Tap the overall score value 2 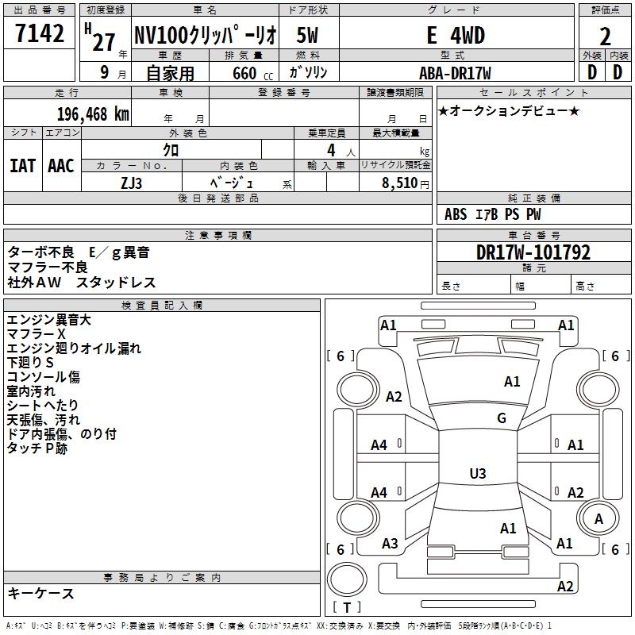tap(606, 36)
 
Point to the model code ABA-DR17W tap(455, 72)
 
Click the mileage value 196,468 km tap(93, 113)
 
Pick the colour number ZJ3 tap(132, 182)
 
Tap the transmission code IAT tap(22, 166)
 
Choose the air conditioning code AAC tap(61, 166)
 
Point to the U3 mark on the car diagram tap(477, 474)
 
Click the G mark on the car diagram tap(501, 418)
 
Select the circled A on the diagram tap(598, 518)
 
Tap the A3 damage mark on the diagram tap(390, 544)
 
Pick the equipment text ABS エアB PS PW tap(493, 214)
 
